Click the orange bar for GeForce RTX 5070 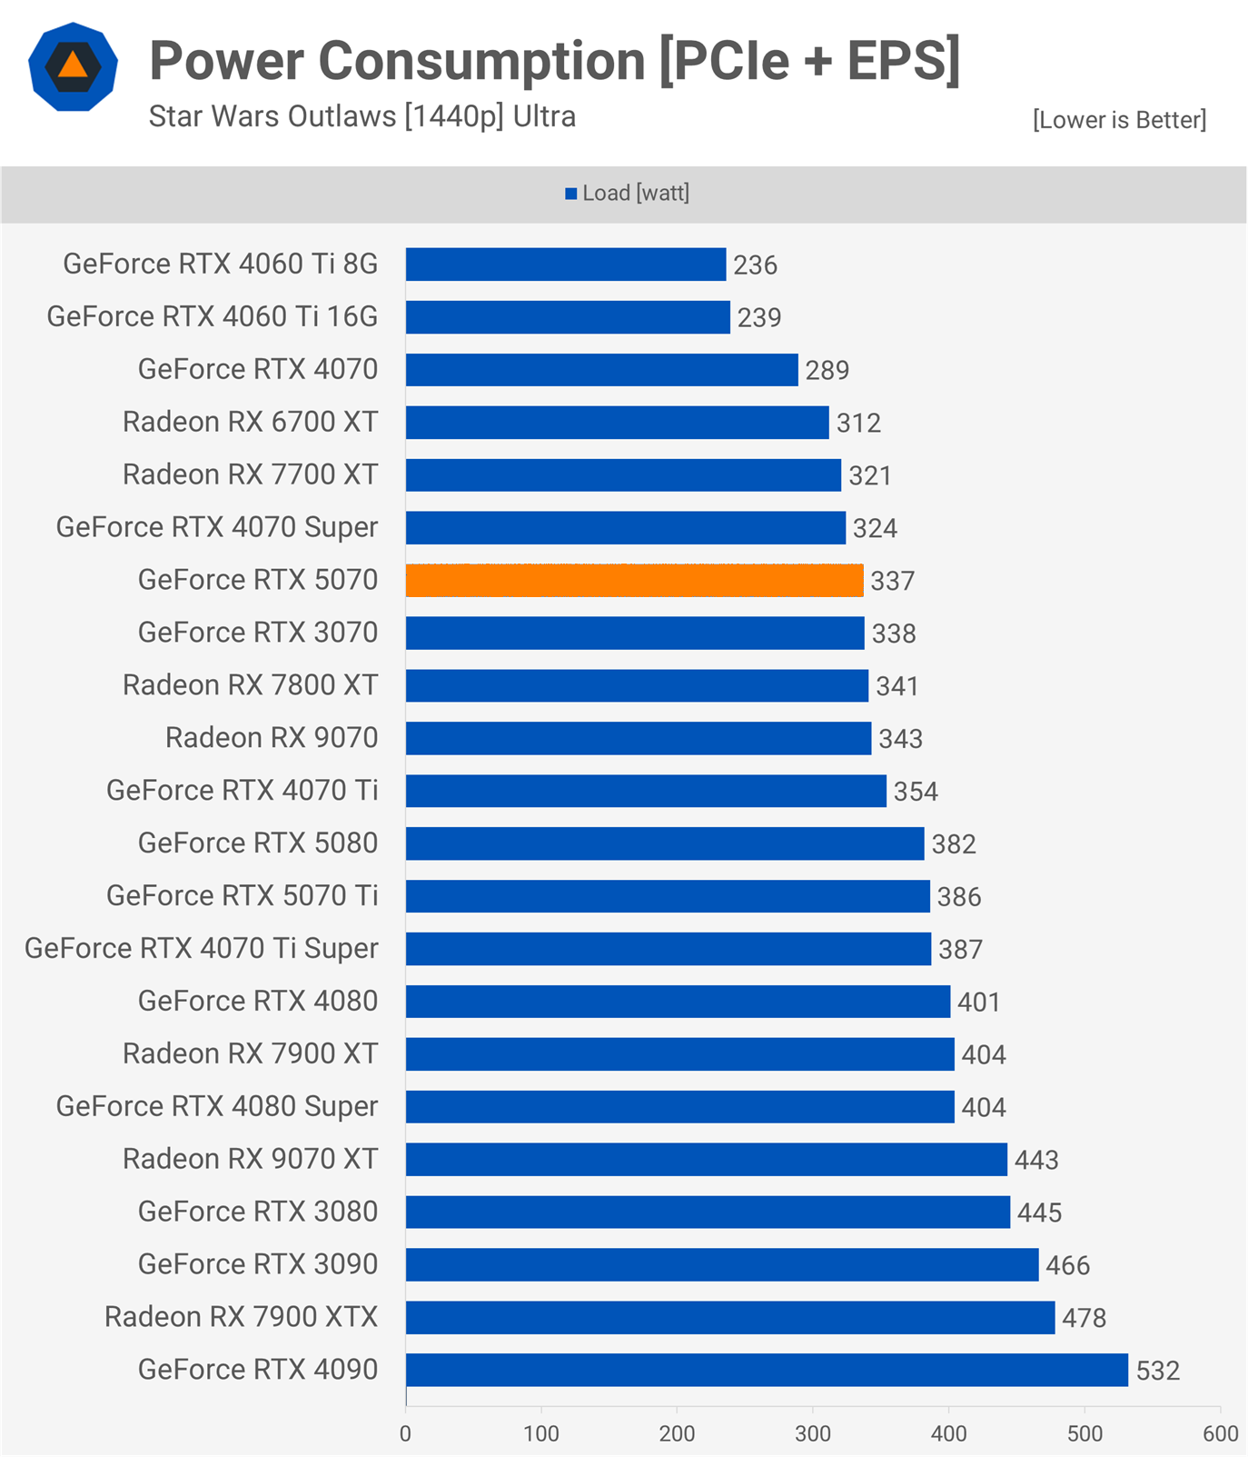click(x=634, y=581)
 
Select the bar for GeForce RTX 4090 click(x=767, y=1370)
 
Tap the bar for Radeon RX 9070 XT click(x=706, y=1160)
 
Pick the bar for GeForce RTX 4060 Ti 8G click(x=566, y=264)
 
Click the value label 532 click(x=1157, y=1371)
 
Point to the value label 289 click(x=827, y=370)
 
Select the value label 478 click(x=1084, y=1318)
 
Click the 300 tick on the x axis click(x=813, y=1433)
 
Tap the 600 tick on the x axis click(x=1220, y=1433)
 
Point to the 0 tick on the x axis click(x=405, y=1433)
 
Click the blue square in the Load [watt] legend click(x=571, y=194)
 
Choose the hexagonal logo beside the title click(x=73, y=67)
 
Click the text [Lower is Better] click(x=1119, y=120)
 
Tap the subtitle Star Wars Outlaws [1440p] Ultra click(x=362, y=117)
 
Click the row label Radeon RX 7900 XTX click(x=241, y=1317)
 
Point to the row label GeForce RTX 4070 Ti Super click(x=201, y=949)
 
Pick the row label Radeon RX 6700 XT click(x=250, y=423)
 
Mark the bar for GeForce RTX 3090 click(x=722, y=1265)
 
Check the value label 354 click(x=916, y=792)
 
